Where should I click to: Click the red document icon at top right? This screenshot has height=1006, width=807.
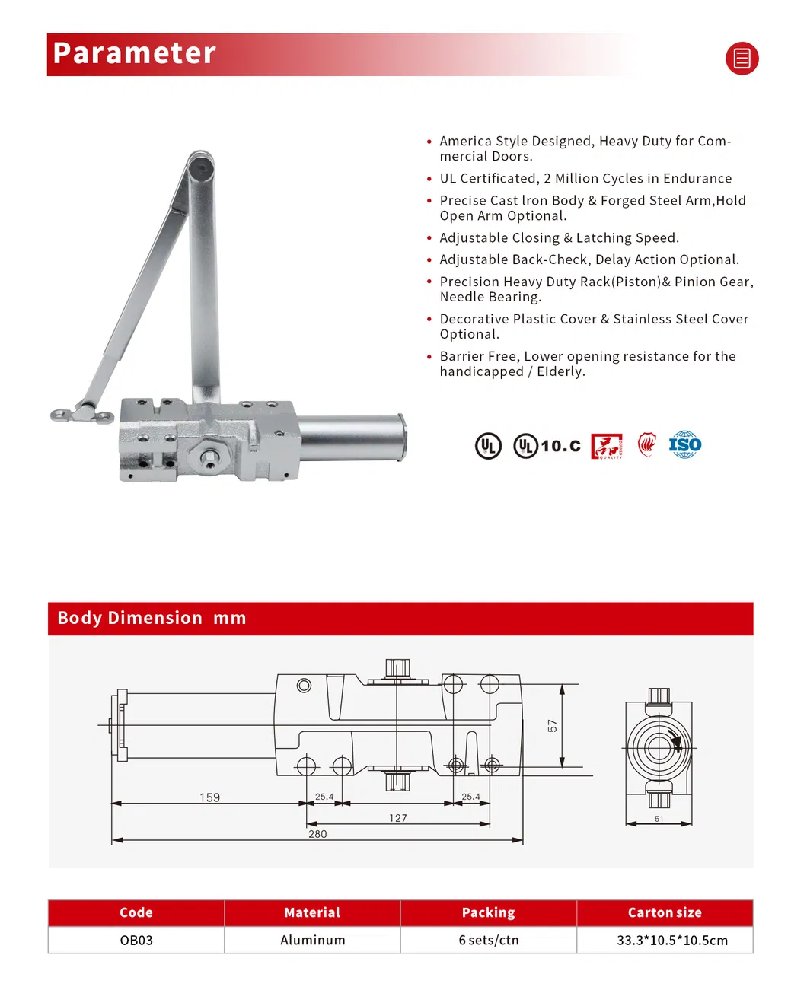click(742, 59)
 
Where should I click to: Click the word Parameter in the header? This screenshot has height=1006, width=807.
click(135, 53)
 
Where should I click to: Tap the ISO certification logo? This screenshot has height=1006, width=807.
click(684, 444)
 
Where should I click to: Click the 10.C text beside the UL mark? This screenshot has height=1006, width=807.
click(560, 446)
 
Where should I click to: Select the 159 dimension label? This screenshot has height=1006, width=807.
click(209, 797)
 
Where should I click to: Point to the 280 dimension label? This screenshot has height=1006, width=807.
click(317, 834)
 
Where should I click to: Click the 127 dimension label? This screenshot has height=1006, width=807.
click(398, 818)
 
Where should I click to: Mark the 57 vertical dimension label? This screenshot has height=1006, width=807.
click(553, 726)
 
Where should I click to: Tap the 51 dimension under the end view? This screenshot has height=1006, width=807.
click(659, 819)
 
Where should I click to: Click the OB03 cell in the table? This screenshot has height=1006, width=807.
click(136, 940)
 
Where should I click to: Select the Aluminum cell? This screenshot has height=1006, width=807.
click(312, 940)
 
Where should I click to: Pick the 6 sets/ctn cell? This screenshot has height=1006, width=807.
click(489, 940)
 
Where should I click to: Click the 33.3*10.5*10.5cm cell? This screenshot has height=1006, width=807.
click(671, 940)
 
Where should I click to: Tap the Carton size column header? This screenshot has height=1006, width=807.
click(665, 912)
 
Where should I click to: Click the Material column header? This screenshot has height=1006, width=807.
click(312, 912)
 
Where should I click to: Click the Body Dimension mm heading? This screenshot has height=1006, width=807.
click(152, 618)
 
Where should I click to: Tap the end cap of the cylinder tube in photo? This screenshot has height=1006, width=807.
click(402, 438)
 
